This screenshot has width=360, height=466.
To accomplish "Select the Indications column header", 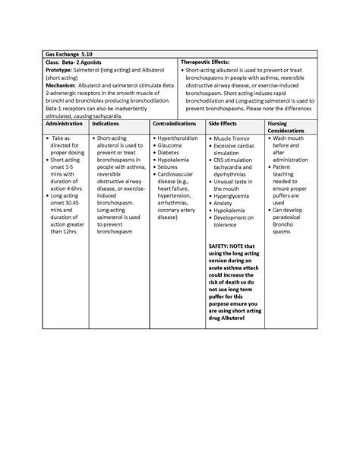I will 106,123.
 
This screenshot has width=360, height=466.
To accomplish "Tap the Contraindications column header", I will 177,123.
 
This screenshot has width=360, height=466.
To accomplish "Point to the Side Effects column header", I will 225,123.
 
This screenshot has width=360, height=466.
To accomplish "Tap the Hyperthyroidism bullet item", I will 181,139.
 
